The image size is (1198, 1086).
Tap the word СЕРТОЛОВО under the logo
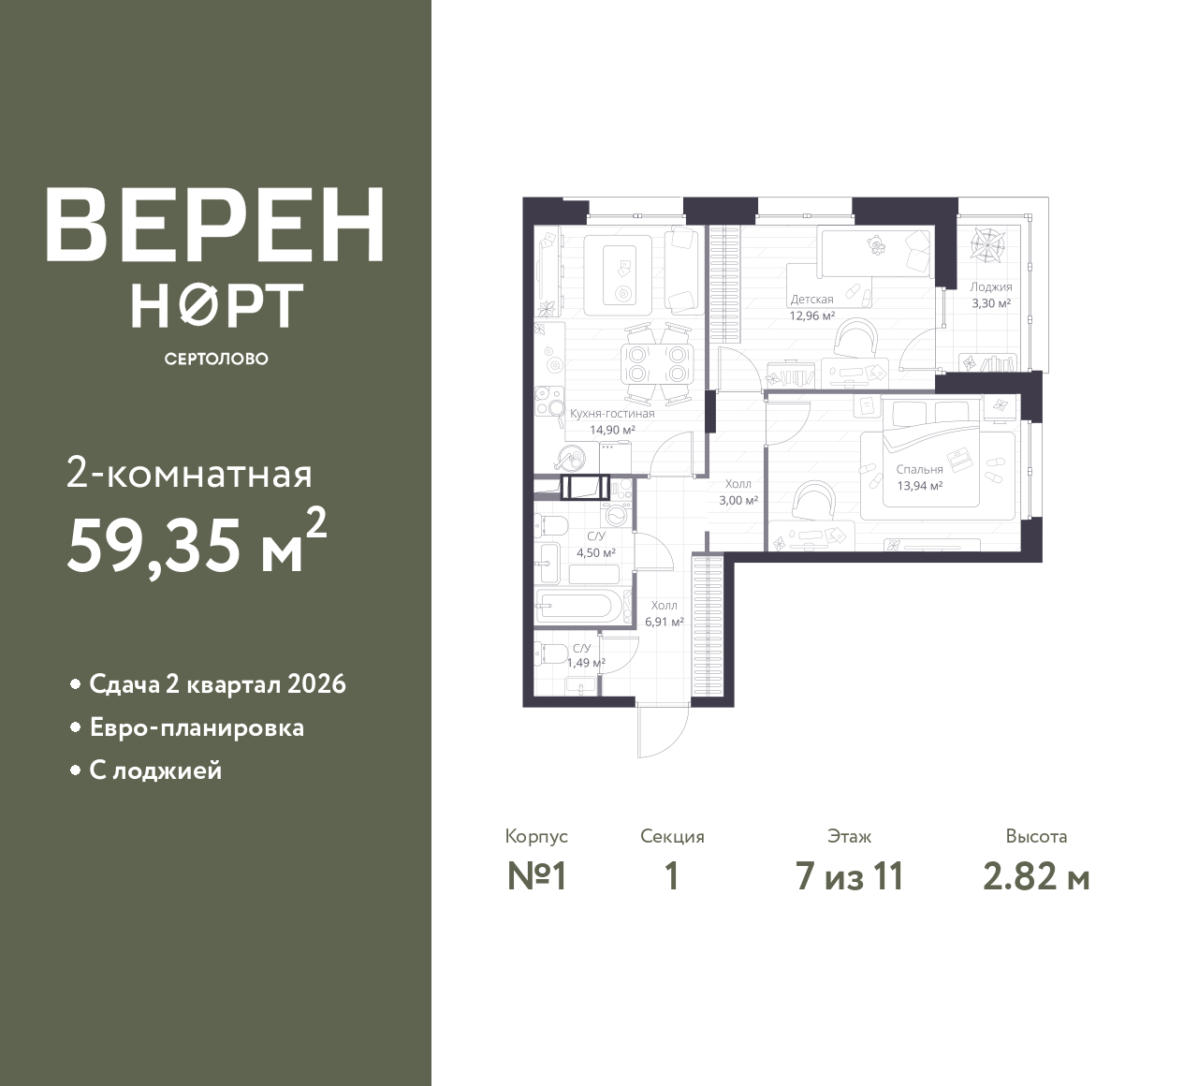click(x=216, y=359)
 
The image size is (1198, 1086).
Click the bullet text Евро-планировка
click(x=197, y=727)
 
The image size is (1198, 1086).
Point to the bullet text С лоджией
click(x=155, y=770)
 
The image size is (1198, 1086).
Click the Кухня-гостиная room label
click(x=612, y=413)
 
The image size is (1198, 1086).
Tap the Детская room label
click(x=811, y=300)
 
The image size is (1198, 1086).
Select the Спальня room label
click(x=919, y=469)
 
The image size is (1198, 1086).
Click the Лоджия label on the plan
click(x=990, y=287)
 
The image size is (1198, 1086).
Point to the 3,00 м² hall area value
click(x=738, y=500)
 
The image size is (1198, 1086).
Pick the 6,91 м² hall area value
click(x=664, y=621)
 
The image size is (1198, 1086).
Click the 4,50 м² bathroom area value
click(x=595, y=552)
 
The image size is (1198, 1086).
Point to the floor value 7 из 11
click(x=849, y=877)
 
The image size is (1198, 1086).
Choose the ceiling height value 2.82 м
click(x=1036, y=877)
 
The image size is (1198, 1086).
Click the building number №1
click(x=536, y=877)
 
